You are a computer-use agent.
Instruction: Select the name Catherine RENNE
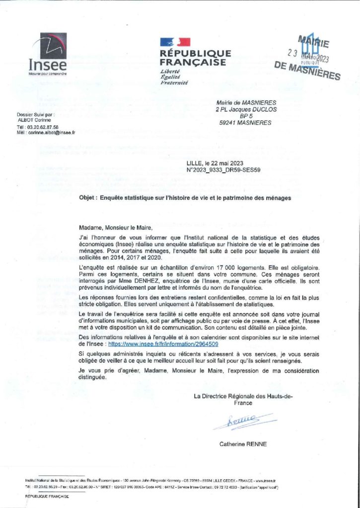(243, 444)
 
